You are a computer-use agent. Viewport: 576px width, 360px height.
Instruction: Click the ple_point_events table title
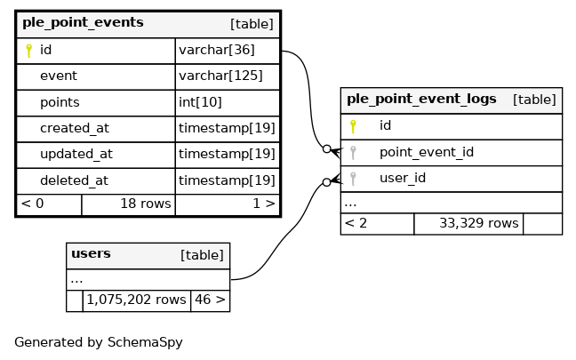pos(83,23)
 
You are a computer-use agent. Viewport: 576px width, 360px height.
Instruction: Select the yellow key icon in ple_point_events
pos(29,51)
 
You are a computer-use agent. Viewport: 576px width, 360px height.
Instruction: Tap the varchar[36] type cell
pos(217,50)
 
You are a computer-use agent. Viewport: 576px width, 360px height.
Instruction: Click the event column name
pos(59,76)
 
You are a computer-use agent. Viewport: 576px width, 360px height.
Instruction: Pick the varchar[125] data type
pos(220,76)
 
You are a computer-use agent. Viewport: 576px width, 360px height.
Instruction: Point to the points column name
pos(60,102)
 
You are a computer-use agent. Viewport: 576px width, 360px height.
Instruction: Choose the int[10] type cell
pos(200,102)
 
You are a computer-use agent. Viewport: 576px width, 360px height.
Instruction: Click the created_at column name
pos(75,128)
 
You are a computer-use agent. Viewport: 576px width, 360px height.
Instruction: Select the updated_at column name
pos(76,155)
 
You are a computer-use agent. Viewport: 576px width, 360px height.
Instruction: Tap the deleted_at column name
pos(74,180)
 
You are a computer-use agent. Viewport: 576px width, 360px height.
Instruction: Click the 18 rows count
pos(146,204)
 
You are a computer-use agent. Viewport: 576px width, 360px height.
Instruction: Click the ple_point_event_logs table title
pos(421,100)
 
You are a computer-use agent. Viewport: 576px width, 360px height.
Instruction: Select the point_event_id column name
pos(427,153)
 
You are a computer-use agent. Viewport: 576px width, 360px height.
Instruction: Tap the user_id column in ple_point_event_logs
pos(403,178)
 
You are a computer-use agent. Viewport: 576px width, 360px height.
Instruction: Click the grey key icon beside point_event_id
pos(353,153)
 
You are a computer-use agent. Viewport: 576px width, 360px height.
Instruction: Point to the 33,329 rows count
pos(479,223)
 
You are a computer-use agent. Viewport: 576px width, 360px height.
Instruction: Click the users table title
pos(91,253)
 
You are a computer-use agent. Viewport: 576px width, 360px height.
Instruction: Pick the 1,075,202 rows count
pos(136,300)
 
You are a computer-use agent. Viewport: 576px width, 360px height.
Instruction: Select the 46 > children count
pos(210,300)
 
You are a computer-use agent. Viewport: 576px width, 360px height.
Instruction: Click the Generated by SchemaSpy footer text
pos(99,342)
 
